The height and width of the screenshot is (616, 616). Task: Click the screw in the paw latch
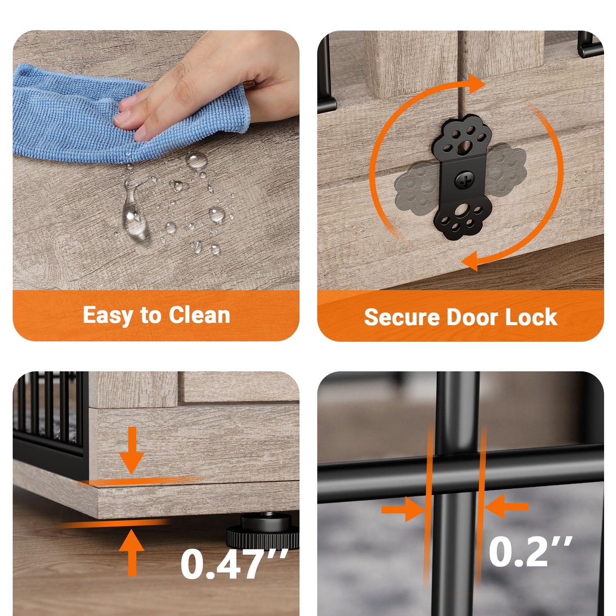[464, 180]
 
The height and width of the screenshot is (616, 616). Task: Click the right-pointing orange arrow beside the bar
[403, 509]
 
